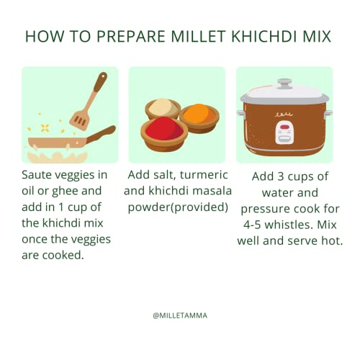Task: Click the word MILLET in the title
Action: (x=198, y=37)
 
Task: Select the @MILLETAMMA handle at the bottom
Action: (x=180, y=315)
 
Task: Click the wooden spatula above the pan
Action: (x=89, y=101)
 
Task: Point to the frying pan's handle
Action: (x=102, y=135)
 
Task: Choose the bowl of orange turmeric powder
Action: (x=199, y=118)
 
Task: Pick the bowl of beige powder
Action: (x=163, y=109)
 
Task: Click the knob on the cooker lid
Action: (x=284, y=84)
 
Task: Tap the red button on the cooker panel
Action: (x=284, y=127)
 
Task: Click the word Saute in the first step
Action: (x=35, y=175)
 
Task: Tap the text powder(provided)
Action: (x=178, y=207)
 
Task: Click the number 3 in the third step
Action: (x=281, y=176)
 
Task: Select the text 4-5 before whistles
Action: (x=252, y=225)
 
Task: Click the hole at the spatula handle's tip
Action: (x=103, y=76)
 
